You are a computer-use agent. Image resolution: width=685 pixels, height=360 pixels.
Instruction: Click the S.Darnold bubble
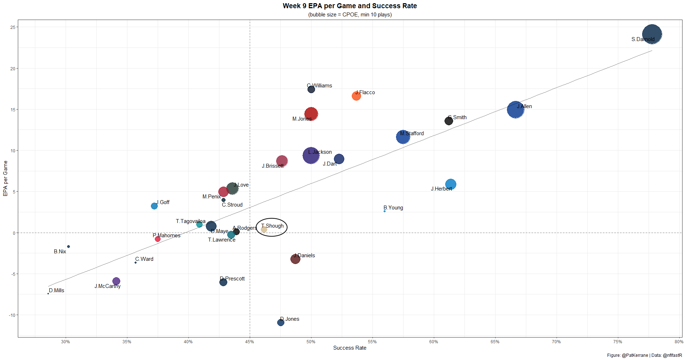652,34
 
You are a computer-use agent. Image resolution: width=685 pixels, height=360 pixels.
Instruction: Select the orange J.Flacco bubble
356,96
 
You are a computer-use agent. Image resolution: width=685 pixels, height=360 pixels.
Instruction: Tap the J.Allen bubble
515,110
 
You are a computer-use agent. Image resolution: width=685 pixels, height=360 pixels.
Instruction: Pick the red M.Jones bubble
311,114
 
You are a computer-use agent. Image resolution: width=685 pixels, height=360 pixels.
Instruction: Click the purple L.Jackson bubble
311,156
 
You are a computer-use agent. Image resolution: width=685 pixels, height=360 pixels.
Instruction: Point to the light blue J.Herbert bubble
451,184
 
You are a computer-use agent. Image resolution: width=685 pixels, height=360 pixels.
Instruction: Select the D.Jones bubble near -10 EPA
281,323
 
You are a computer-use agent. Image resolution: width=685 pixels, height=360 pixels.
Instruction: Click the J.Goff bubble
154,206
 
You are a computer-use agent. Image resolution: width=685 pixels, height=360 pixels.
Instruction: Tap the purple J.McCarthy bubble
116,281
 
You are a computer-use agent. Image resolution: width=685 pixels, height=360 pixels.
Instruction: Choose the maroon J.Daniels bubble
295,259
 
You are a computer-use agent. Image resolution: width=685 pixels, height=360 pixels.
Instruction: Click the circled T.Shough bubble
264,229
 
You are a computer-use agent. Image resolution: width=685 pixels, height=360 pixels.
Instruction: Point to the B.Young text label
393,208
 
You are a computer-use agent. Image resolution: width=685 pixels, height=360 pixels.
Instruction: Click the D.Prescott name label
232,279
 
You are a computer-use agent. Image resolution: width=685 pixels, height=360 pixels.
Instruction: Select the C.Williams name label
320,86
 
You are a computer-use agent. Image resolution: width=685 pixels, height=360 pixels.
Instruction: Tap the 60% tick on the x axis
433,342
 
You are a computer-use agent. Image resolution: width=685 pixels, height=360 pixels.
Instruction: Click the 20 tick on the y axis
13,69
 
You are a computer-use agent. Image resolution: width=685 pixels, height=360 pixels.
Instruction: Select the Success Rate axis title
350,348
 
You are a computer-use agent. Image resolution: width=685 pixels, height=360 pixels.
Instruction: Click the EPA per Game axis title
5,178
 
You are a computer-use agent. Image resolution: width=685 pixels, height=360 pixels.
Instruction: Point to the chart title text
350,6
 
